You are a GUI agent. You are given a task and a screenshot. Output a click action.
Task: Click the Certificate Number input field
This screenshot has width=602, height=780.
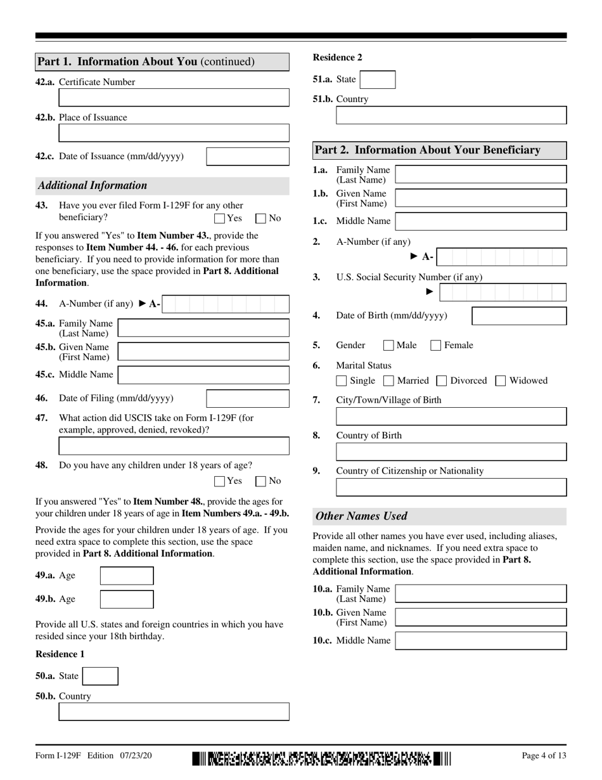coord(174,97)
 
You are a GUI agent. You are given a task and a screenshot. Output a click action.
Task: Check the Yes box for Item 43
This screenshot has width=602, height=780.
coord(220,219)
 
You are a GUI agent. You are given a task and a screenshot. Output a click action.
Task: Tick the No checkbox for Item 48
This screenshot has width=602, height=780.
coord(260,481)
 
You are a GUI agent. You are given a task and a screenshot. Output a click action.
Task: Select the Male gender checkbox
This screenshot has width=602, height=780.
coord(388,346)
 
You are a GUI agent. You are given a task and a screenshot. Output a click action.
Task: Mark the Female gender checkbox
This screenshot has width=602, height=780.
coord(436,346)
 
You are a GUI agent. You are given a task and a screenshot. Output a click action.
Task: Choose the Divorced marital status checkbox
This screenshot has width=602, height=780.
coord(442,381)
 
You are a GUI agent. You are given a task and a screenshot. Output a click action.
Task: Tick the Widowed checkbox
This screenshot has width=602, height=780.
coord(501,381)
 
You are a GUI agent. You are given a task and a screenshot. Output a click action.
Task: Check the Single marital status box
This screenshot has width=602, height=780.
coord(342,381)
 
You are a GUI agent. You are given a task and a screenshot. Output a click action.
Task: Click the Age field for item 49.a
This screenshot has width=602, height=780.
coord(127,576)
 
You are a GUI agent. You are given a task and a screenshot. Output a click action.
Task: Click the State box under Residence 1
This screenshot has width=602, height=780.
coord(101,676)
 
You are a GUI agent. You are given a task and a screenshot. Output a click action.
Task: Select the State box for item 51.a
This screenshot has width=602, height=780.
coord(377,79)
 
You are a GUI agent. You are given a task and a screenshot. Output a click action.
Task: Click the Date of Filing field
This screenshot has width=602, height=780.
coord(248,399)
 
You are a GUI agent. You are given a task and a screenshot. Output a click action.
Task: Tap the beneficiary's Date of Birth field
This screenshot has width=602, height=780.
coord(519,316)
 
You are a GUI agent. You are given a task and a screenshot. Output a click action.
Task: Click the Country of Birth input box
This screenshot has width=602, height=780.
coord(451,452)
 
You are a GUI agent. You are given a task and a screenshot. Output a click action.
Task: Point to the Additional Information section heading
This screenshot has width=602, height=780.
coord(93,186)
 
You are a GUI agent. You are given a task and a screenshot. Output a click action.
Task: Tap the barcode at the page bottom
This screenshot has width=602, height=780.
coord(322,758)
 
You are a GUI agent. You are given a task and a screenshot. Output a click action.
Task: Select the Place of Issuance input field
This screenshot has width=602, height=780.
coord(174,133)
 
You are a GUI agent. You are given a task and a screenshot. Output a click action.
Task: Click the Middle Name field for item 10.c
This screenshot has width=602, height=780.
coord(480,640)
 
